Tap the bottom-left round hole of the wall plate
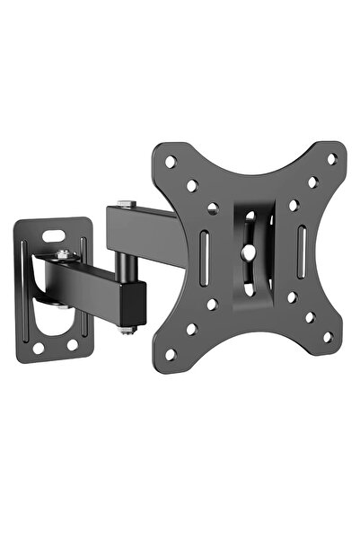tap(40, 345)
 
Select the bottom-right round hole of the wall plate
tap(72, 344)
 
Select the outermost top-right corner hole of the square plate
tap(331, 159)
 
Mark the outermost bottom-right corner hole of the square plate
tap(328, 337)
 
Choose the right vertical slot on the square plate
tap(302, 243)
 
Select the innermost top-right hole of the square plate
tap(293, 205)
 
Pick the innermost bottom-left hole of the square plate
tap(212, 305)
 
